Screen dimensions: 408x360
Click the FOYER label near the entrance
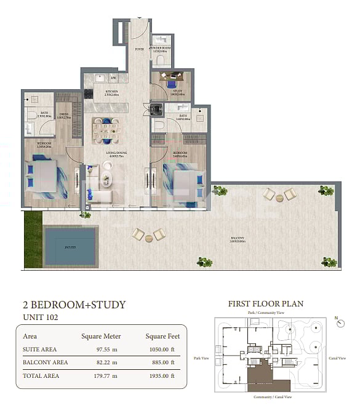pyautogui.click(x=139, y=49)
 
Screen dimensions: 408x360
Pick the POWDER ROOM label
pyautogui.click(x=162, y=49)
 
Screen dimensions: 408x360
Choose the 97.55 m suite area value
pyautogui.click(x=99, y=349)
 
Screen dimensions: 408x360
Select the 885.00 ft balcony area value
pyautogui.click(x=164, y=362)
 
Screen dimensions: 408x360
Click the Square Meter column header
pyautogui.click(x=101, y=336)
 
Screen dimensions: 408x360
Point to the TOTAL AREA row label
pyautogui.click(x=41, y=375)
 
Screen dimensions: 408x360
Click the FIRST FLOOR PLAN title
pyautogui.click(x=265, y=303)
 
